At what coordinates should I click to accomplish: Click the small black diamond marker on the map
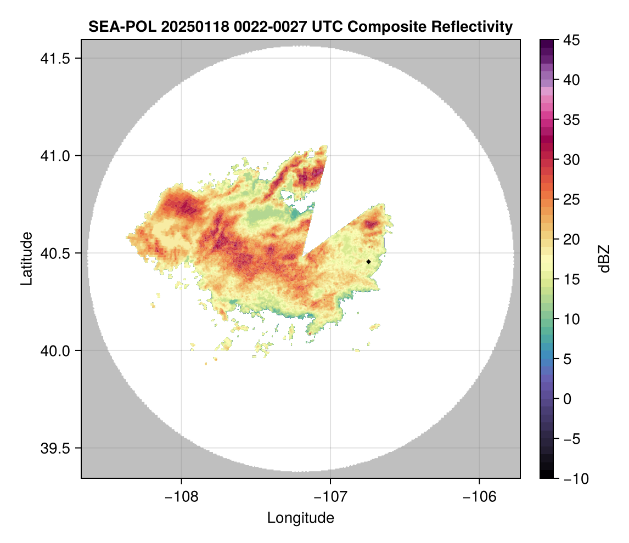pyautogui.click(x=368, y=262)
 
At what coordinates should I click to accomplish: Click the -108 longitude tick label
pyautogui.click(x=182, y=496)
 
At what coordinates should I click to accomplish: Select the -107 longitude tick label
pyautogui.click(x=330, y=496)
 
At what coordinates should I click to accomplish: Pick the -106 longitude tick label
pyautogui.click(x=480, y=496)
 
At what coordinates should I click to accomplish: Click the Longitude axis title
pyautogui.click(x=300, y=518)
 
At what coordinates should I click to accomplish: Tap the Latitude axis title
pyautogui.click(x=26, y=258)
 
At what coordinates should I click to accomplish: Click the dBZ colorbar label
pyautogui.click(x=604, y=258)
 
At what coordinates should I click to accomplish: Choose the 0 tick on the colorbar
pyautogui.click(x=567, y=399)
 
